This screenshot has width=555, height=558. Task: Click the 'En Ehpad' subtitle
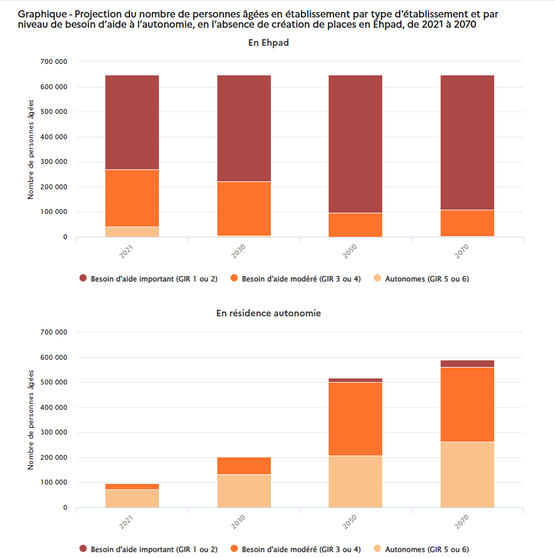[x=268, y=43]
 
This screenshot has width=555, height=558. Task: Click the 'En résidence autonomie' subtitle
[x=268, y=313]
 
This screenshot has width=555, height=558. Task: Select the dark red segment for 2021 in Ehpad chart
[x=132, y=122]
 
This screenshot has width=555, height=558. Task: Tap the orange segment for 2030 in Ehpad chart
[x=244, y=208]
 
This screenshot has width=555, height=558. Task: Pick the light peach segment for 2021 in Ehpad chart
[x=132, y=232]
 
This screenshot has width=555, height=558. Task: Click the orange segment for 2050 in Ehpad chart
[x=355, y=225]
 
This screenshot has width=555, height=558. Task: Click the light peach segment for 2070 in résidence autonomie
[x=467, y=475]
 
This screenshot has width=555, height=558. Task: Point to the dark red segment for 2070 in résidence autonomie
[x=467, y=363]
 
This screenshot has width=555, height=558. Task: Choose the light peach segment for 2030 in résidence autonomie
[x=244, y=491]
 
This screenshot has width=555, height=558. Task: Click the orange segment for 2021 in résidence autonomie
[x=132, y=486]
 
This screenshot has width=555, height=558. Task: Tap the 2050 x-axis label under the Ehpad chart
[x=350, y=251]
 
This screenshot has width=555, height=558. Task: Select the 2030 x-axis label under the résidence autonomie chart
[x=238, y=522]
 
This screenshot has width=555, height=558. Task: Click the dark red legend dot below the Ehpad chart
[x=83, y=278]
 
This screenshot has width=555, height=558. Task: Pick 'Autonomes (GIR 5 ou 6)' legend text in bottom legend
[x=427, y=549]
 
